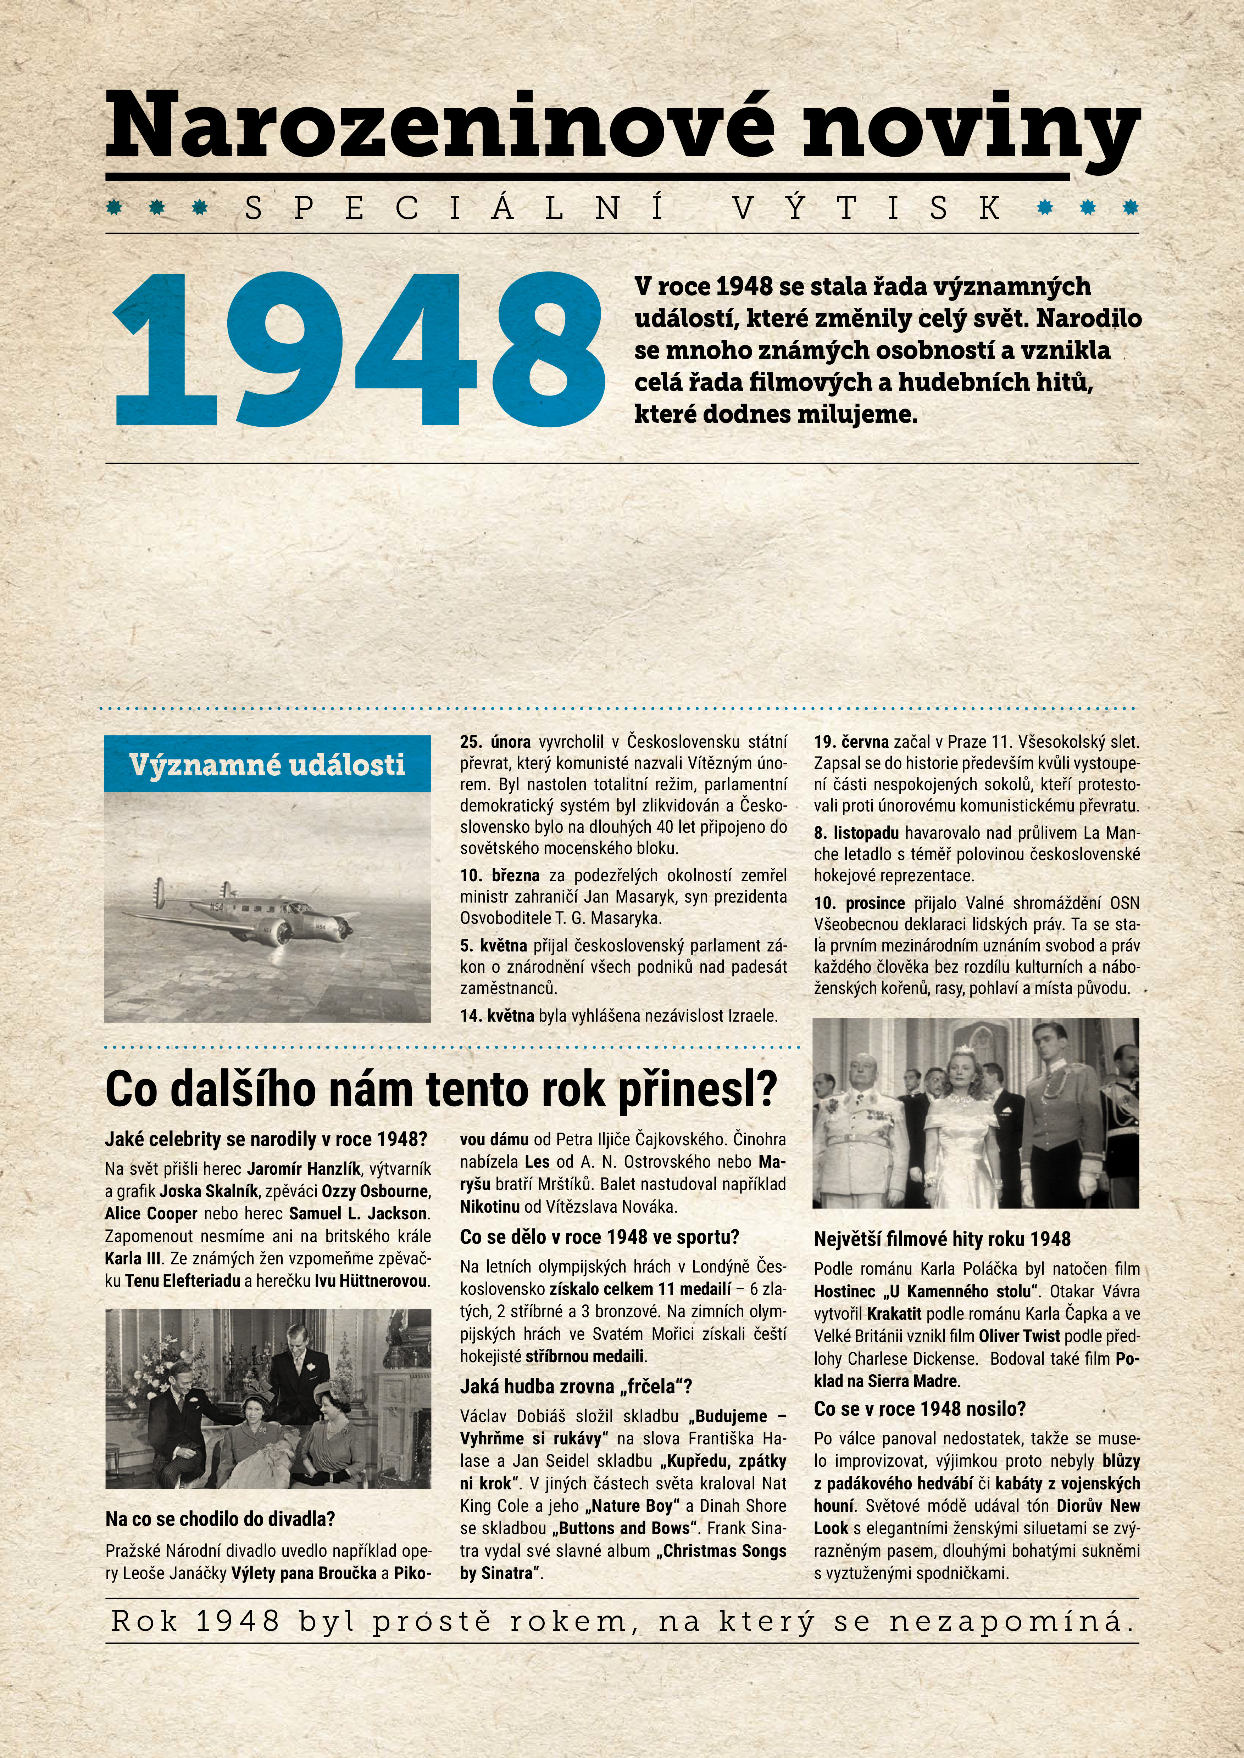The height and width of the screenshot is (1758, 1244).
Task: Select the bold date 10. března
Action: tap(499, 875)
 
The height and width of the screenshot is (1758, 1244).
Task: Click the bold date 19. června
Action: tap(850, 742)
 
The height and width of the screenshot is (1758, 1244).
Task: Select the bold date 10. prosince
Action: tap(859, 904)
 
